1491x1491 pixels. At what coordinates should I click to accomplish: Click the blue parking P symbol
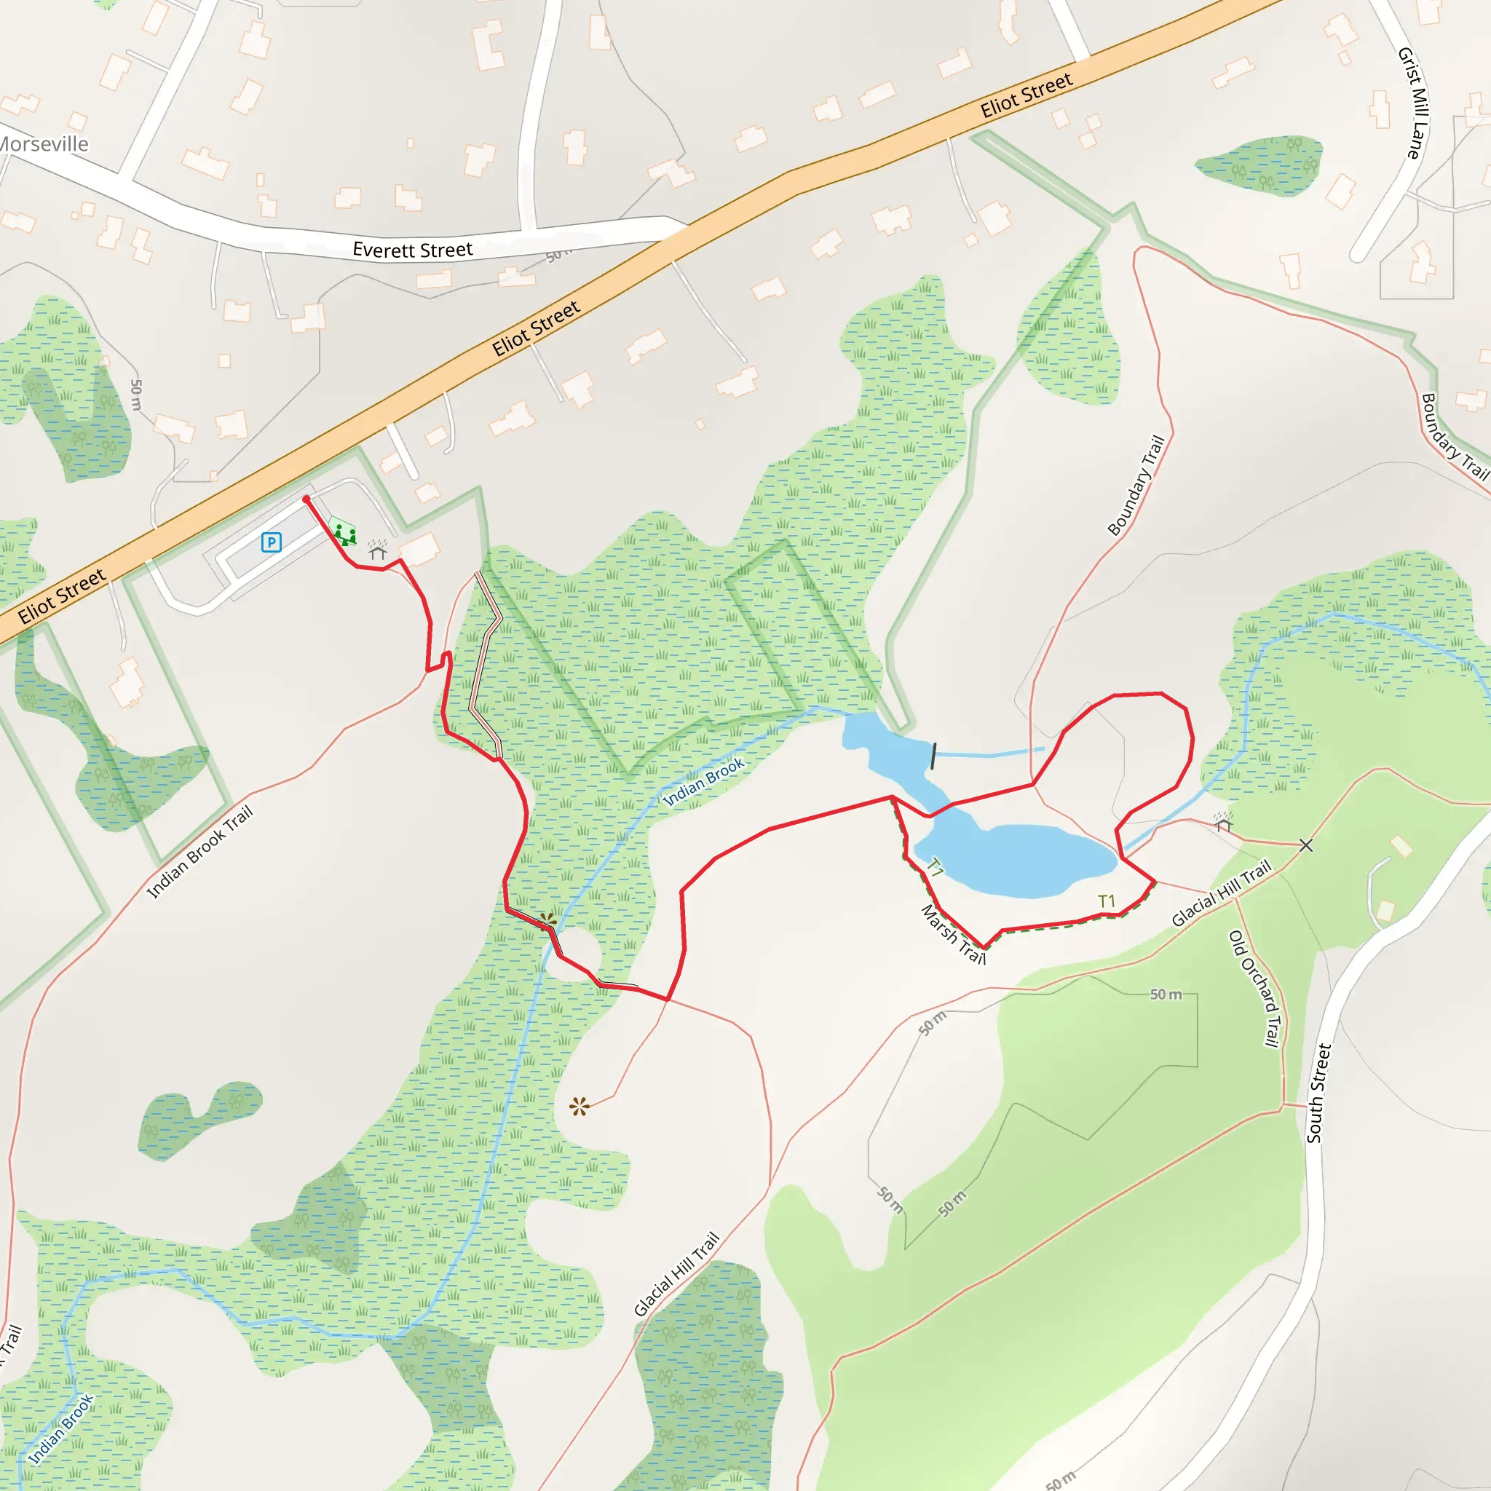pyautogui.click(x=271, y=542)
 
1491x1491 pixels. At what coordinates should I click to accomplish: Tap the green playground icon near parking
pyautogui.click(x=344, y=533)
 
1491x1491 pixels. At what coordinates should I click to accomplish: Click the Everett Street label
pyautogui.click(x=412, y=250)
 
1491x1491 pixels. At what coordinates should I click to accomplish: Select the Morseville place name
pyautogui.click(x=42, y=144)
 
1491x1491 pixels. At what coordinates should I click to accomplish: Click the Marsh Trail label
pyautogui.click(x=954, y=935)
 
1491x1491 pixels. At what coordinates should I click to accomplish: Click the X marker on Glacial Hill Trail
pyautogui.click(x=1306, y=846)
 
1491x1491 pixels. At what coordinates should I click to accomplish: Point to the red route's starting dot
pyautogui.click(x=306, y=499)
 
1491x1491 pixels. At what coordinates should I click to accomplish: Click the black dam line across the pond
pyautogui.click(x=934, y=756)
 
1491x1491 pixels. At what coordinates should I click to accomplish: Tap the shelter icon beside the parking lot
pyautogui.click(x=377, y=550)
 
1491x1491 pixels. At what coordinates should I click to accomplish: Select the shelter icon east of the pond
pyautogui.click(x=1222, y=821)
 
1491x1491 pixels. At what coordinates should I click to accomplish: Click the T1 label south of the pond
pyautogui.click(x=1107, y=901)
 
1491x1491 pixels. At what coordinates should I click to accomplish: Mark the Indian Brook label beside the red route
pyautogui.click(x=704, y=782)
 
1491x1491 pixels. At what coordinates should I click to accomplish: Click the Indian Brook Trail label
pyautogui.click(x=200, y=852)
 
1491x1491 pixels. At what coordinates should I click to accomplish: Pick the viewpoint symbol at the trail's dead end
pyautogui.click(x=579, y=1107)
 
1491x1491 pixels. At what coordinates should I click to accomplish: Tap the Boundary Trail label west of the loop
pyautogui.click(x=1136, y=486)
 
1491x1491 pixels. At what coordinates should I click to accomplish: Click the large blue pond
pyautogui.click(x=1019, y=857)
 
